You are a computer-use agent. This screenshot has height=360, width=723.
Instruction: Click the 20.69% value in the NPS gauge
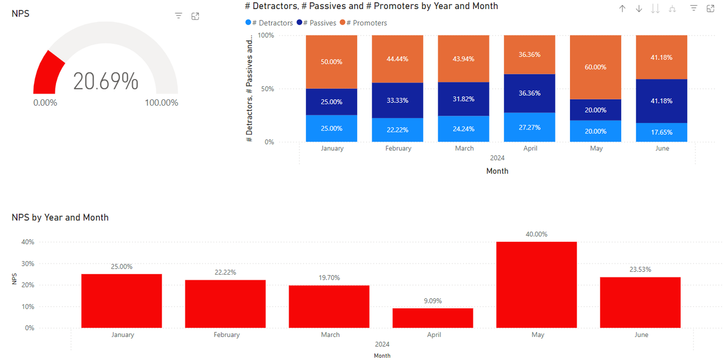tap(106, 81)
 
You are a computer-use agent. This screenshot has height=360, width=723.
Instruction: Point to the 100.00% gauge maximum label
tap(162, 103)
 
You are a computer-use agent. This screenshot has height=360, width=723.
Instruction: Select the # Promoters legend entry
tap(366, 23)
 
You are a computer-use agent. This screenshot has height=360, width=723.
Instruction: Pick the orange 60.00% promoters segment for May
tap(595, 67)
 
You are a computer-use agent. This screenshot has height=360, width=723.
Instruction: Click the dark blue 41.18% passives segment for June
tap(661, 101)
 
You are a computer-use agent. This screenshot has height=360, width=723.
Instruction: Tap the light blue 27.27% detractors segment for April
tap(529, 127)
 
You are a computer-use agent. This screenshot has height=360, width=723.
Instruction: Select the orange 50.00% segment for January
tap(332, 62)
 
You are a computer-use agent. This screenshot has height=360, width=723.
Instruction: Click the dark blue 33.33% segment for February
tap(397, 101)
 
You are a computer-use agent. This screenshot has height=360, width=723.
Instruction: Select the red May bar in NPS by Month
tap(537, 285)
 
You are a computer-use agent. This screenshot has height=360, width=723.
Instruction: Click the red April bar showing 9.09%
tap(433, 318)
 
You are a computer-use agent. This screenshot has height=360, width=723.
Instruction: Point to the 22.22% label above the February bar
tap(225, 272)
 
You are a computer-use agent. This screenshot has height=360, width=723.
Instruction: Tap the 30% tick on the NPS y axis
tap(28, 264)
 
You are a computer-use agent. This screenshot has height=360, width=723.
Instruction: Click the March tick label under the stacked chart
tap(464, 149)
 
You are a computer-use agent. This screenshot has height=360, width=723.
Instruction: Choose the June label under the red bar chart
tap(641, 335)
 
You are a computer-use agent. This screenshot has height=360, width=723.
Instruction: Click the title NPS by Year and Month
tap(60, 218)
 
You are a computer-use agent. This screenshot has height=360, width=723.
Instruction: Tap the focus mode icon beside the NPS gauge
tap(195, 16)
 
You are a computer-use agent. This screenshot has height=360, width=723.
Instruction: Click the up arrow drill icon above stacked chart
tap(622, 8)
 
